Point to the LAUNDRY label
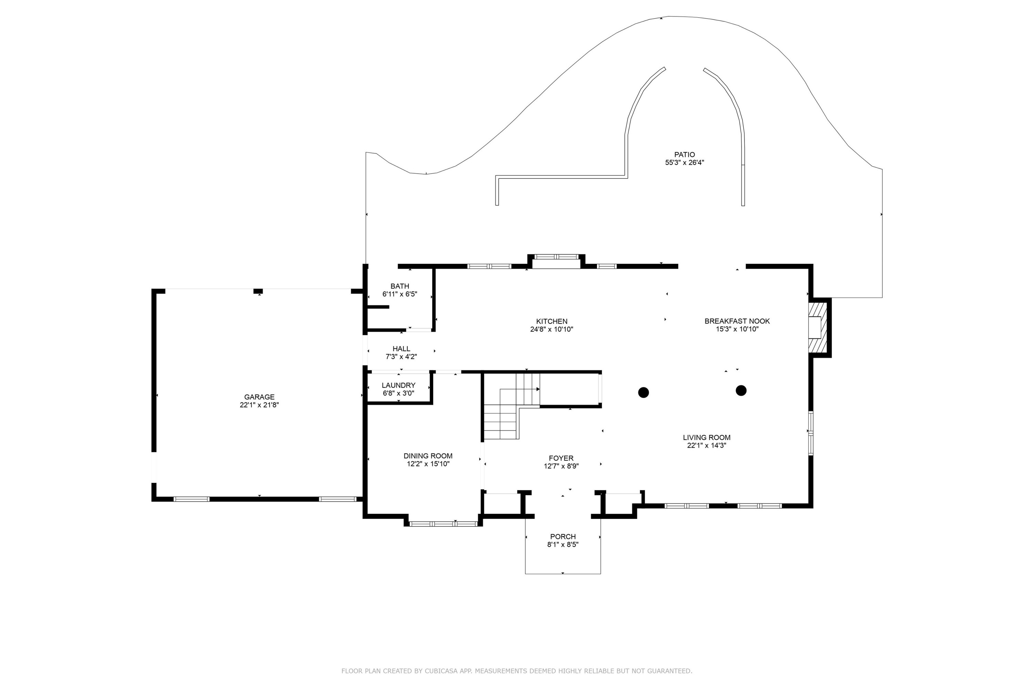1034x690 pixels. pyautogui.click(x=398, y=385)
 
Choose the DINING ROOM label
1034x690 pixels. pyautogui.click(x=428, y=456)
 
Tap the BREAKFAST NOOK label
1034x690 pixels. pyautogui.click(x=737, y=321)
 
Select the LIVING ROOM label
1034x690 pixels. pyautogui.click(x=707, y=437)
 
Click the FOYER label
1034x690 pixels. pyautogui.click(x=561, y=458)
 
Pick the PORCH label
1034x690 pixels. pyautogui.click(x=563, y=536)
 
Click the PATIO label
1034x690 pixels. pyautogui.click(x=685, y=155)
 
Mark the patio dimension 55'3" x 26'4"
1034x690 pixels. pyautogui.click(x=685, y=162)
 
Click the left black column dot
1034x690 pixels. pyautogui.click(x=643, y=392)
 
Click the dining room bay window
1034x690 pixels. pyautogui.click(x=443, y=524)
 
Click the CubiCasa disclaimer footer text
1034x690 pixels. pyautogui.click(x=517, y=671)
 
